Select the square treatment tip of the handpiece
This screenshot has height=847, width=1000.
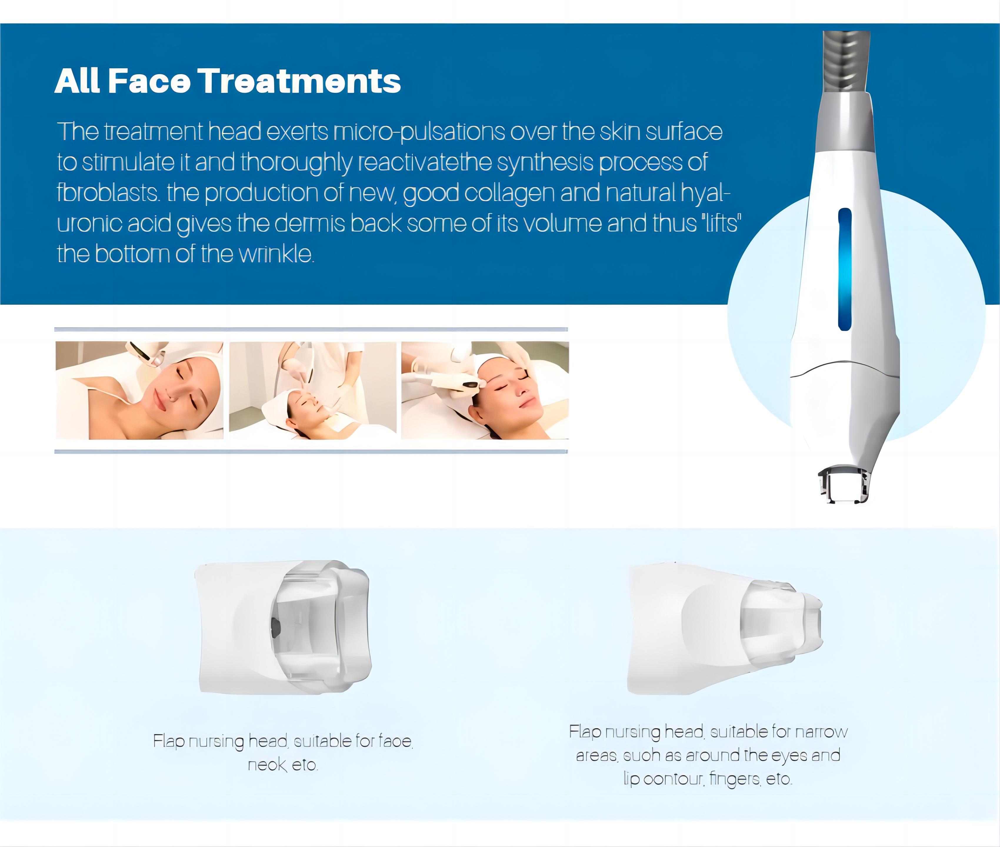[843, 485]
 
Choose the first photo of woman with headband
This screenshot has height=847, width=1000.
[139, 390]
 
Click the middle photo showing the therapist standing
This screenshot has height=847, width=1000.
[313, 390]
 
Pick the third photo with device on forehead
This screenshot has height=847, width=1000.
[485, 390]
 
